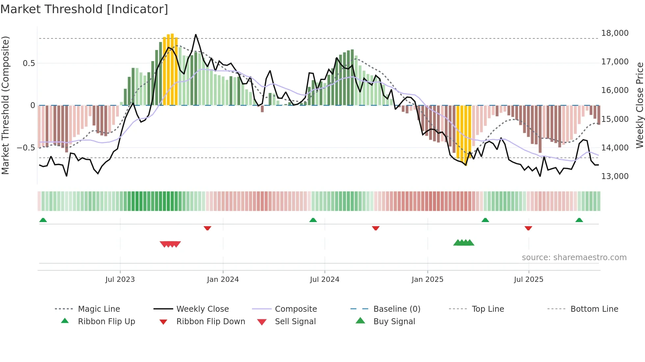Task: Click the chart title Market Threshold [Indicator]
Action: tap(84, 9)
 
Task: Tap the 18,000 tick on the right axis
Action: tap(614, 33)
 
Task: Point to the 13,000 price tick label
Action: tap(614, 176)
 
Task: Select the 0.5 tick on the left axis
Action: tap(29, 63)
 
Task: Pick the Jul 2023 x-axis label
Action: tap(120, 280)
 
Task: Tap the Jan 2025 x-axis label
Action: tap(427, 280)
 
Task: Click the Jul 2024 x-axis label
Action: tap(324, 280)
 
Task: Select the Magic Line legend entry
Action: tap(99, 309)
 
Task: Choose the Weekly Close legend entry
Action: tap(202, 309)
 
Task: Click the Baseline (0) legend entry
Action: tap(397, 309)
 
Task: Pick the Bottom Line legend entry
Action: tap(594, 309)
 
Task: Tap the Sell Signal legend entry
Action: tap(295, 322)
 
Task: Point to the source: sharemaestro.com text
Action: tap(574, 258)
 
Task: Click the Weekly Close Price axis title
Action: tap(639, 105)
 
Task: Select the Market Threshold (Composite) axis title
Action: tap(5, 105)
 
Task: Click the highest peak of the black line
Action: tap(196, 34)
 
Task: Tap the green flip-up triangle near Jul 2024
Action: tap(313, 220)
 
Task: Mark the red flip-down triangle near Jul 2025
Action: tap(528, 228)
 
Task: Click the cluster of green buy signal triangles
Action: tap(464, 243)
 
